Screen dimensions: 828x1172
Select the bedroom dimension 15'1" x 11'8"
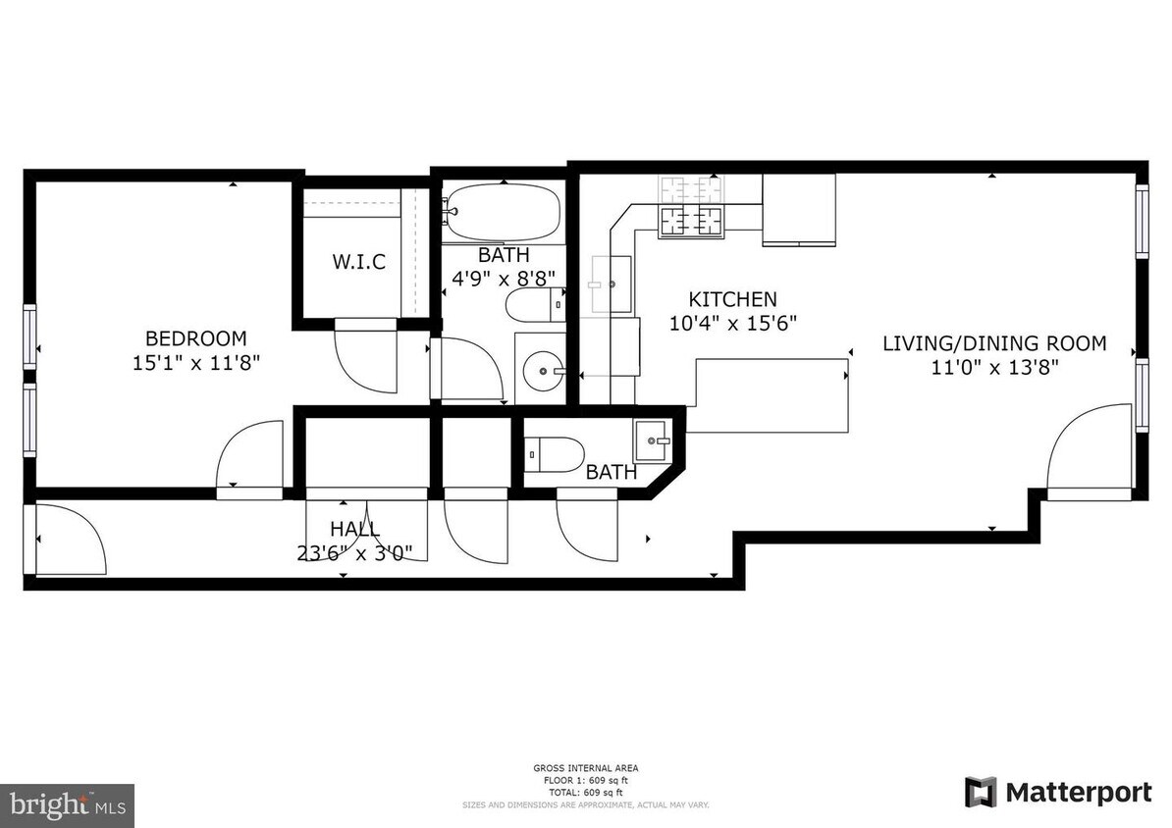click(x=196, y=362)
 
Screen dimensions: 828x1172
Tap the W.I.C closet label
click(x=358, y=262)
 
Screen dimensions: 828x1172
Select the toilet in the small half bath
click(x=555, y=455)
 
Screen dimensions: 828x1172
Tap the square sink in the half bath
click(x=653, y=440)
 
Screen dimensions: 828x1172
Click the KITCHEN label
click(x=732, y=299)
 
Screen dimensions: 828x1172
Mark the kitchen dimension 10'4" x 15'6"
click(x=732, y=322)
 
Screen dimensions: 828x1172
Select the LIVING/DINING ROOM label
click(x=993, y=343)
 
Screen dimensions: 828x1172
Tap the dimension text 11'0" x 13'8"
click(x=993, y=367)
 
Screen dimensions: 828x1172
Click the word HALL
click(x=354, y=530)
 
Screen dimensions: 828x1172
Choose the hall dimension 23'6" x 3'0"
click(x=354, y=552)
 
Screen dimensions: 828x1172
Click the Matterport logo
click(x=1057, y=792)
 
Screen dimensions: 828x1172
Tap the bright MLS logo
click(x=67, y=805)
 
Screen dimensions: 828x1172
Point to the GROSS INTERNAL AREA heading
click(x=585, y=768)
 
